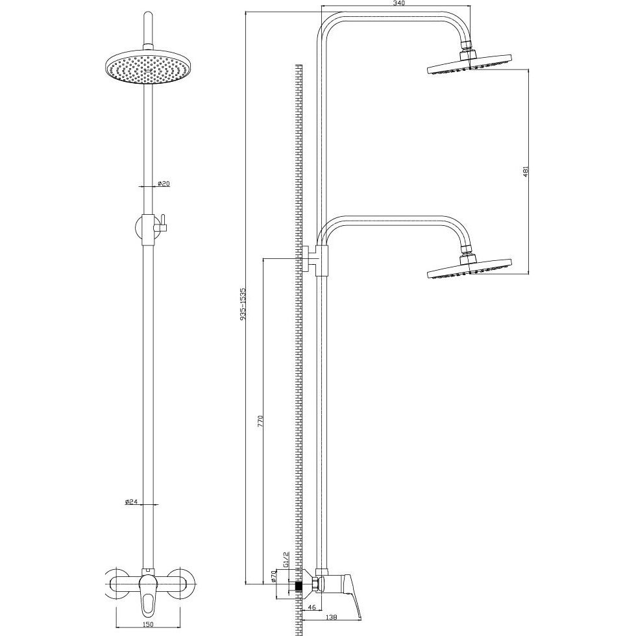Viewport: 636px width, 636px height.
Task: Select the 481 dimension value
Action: [x=526, y=171]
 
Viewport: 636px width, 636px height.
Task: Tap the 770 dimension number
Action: [x=261, y=421]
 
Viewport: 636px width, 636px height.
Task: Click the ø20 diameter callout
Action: [x=163, y=183]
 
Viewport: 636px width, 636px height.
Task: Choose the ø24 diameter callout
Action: [x=132, y=502]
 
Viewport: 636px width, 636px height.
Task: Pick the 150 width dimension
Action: [x=149, y=624]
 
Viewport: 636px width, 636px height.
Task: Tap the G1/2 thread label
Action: [x=286, y=559]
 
